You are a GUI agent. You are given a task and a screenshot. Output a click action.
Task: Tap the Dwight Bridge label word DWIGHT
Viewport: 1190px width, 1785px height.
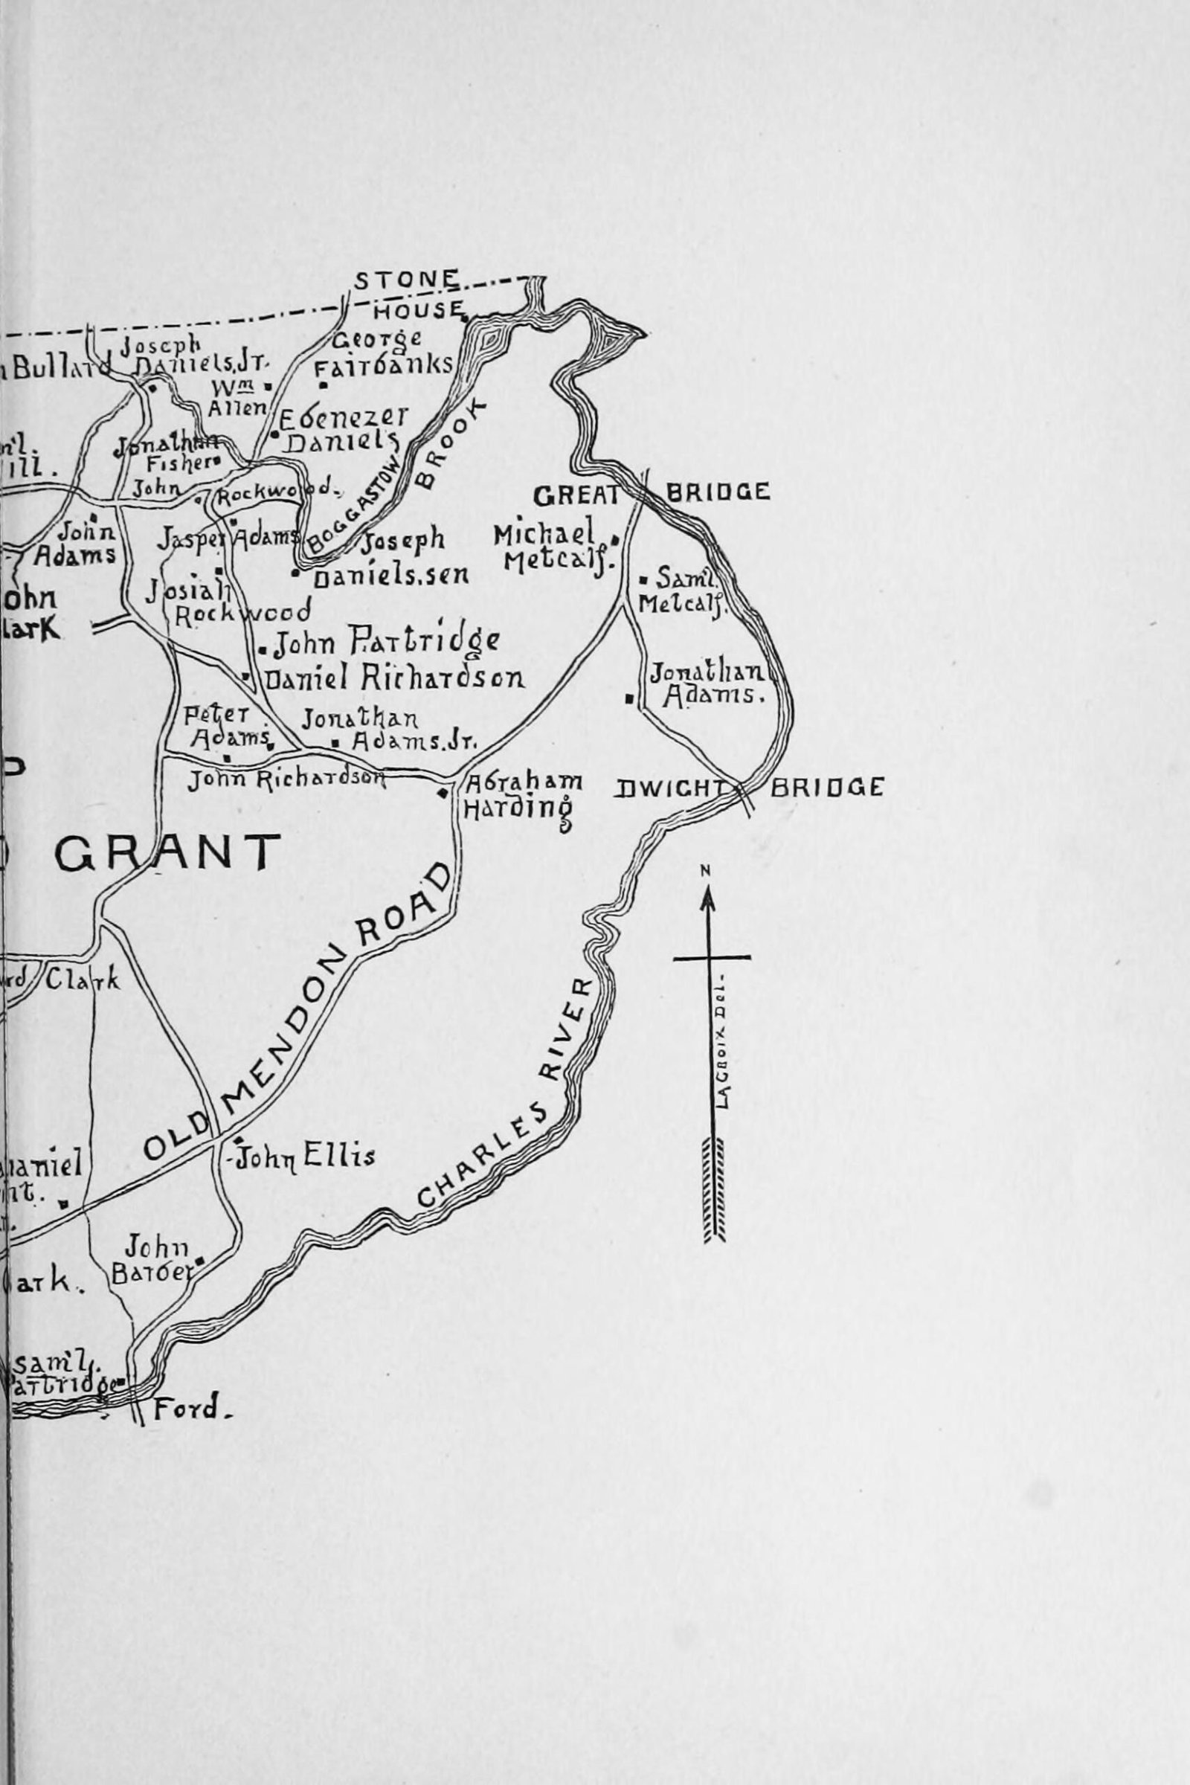click(672, 788)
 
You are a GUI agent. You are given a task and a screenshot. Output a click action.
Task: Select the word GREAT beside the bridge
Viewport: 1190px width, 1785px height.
click(576, 495)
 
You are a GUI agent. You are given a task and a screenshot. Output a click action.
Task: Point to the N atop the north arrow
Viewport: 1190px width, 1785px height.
click(706, 870)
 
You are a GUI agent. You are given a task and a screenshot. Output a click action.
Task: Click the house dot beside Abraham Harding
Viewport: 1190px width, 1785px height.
click(443, 793)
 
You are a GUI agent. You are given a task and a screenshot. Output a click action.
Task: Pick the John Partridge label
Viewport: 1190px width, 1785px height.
click(385, 643)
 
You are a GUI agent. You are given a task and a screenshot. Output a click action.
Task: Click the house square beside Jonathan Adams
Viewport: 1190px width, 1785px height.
click(629, 698)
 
